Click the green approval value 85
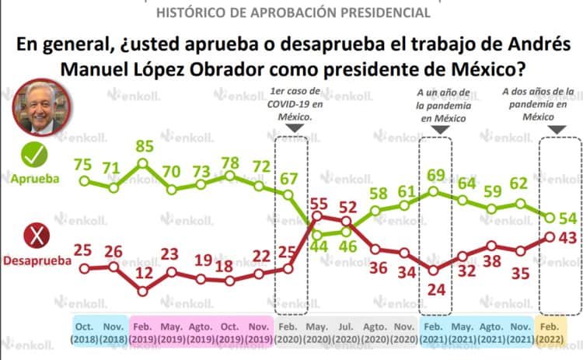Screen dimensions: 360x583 pos(143,145)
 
